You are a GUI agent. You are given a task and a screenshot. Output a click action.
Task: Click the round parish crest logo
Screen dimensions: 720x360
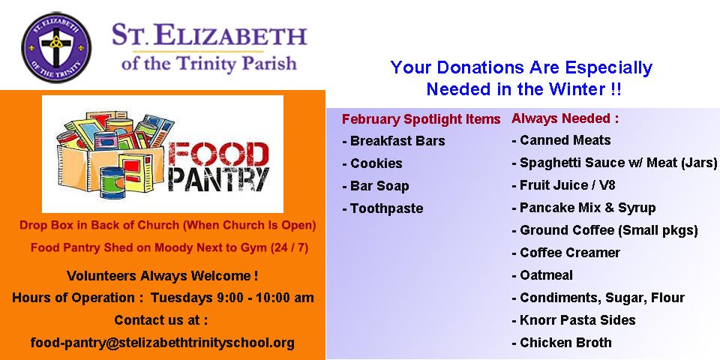(56, 48)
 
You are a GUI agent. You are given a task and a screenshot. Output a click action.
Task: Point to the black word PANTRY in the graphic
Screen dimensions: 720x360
(218, 180)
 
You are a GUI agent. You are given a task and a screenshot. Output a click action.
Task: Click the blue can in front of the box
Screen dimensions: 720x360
(112, 183)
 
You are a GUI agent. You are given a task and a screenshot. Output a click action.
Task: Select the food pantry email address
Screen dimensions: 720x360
(163, 343)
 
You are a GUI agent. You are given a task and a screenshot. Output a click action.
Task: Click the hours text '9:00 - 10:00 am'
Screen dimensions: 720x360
(265, 298)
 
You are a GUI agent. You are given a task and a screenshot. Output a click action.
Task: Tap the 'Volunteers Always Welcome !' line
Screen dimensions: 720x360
(162, 276)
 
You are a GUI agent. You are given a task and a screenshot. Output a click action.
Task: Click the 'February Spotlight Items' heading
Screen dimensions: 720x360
(421, 119)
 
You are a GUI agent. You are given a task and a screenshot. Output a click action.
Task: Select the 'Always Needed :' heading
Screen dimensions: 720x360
(565, 118)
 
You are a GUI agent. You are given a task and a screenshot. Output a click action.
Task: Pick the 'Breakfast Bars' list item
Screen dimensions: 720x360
(394, 140)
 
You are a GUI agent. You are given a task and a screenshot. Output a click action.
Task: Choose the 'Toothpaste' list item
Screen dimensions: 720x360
(383, 209)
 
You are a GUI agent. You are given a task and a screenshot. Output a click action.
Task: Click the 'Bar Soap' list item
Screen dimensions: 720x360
(376, 187)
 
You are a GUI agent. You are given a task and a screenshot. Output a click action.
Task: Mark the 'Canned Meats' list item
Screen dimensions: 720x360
(562, 140)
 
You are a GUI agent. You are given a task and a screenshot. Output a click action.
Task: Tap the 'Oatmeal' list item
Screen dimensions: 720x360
(542, 275)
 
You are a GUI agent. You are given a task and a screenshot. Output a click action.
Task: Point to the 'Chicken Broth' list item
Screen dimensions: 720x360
(562, 343)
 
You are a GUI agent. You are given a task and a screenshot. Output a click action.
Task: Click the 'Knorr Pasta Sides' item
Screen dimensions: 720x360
(574, 320)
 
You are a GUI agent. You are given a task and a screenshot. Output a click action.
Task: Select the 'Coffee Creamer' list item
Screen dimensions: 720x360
(566, 253)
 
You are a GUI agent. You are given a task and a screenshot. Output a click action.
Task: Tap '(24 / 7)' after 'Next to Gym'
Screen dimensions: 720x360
(289, 248)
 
